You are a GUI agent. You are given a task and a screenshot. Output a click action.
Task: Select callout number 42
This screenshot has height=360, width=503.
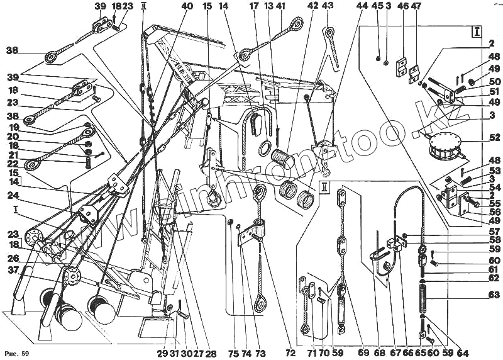tap(312, 6)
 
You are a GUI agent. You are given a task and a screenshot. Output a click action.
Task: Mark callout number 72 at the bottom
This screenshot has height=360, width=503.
tap(290, 354)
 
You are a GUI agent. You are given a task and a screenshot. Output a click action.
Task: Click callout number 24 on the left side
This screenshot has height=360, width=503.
tap(13, 195)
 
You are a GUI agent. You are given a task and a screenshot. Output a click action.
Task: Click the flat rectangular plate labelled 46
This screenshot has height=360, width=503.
tap(401, 69)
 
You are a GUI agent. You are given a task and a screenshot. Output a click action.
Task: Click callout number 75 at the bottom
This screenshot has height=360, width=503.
tap(234, 354)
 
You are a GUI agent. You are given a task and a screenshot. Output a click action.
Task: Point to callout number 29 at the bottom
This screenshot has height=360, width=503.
tap(163, 354)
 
